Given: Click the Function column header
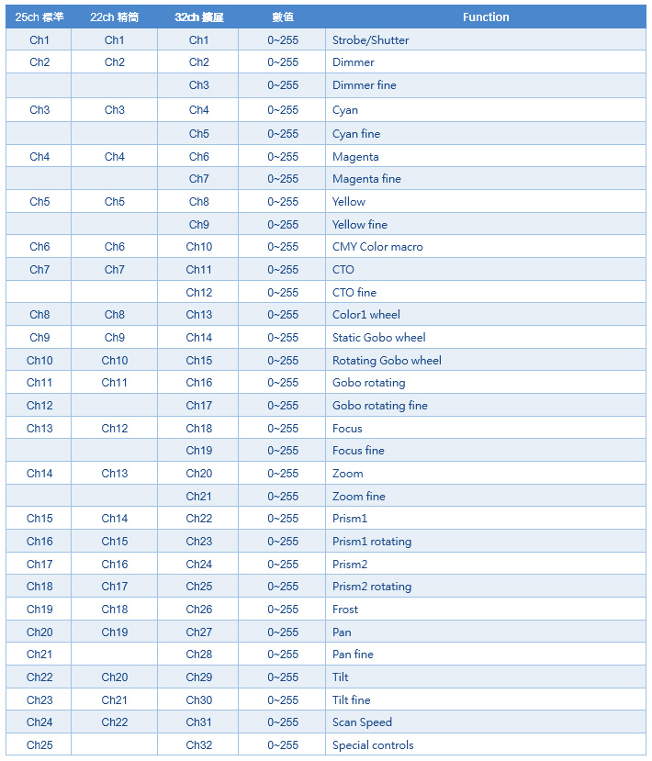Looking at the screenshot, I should (x=486, y=17).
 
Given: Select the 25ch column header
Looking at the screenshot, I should (x=39, y=17).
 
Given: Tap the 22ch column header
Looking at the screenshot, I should (x=114, y=17).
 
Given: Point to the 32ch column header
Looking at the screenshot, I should (x=198, y=17).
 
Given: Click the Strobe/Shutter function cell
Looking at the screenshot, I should (x=371, y=40).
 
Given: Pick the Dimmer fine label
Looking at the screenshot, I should (x=365, y=85).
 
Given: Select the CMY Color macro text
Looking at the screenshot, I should (x=377, y=247).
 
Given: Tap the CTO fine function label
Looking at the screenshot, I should (x=354, y=293).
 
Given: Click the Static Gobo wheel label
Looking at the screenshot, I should (x=379, y=338).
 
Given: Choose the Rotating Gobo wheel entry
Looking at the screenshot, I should (x=387, y=361).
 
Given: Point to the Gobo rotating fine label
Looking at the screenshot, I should (x=380, y=406).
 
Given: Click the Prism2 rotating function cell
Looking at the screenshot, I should (x=372, y=587).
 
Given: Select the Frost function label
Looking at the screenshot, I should (x=345, y=610).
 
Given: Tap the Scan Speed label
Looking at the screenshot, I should (x=362, y=722).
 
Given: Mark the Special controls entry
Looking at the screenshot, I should (x=373, y=745).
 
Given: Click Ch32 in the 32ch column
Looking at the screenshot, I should (x=198, y=745).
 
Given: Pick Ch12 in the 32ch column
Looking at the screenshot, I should (x=198, y=293).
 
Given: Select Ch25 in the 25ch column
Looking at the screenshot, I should (x=39, y=745).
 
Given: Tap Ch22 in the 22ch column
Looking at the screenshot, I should (x=114, y=722).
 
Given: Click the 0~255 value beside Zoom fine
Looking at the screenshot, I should (x=283, y=497).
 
